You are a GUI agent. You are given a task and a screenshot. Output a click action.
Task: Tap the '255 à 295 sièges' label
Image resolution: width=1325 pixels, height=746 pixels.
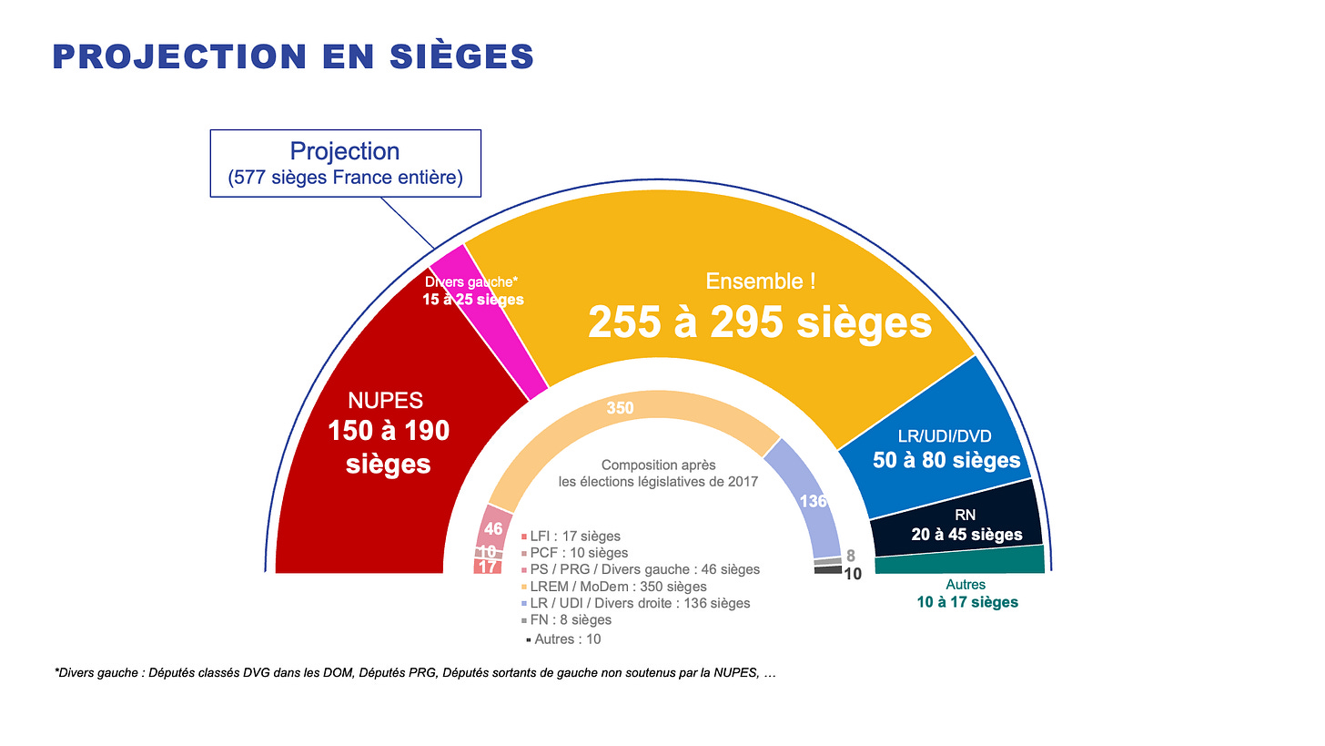pyautogui.click(x=760, y=322)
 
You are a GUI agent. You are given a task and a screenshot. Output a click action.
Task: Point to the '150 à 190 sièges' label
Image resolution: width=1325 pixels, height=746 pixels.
pyautogui.click(x=389, y=446)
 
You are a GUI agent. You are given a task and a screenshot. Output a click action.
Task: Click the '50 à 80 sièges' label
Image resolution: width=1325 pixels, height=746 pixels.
pyautogui.click(x=946, y=460)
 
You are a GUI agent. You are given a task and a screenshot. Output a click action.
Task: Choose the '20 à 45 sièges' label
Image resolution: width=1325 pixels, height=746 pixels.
pyautogui.click(x=966, y=535)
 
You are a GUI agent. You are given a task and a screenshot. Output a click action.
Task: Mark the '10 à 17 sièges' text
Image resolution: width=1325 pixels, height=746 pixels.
pyautogui.click(x=966, y=602)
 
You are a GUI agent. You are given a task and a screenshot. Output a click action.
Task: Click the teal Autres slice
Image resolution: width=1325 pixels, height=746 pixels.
pyautogui.click(x=959, y=560)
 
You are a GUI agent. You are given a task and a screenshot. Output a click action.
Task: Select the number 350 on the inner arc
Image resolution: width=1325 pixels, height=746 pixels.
pyautogui.click(x=620, y=408)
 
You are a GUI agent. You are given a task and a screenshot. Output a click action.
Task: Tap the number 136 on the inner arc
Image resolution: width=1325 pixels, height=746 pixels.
pyautogui.click(x=813, y=501)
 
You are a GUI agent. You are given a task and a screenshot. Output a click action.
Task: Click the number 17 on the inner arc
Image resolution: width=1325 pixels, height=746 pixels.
pyautogui.click(x=488, y=567)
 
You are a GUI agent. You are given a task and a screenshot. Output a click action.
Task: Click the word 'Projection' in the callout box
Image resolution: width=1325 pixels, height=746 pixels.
pyautogui.click(x=345, y=150)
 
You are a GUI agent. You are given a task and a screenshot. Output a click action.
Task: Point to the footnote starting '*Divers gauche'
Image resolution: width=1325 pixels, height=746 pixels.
pyautogui.click(x=415, y=673)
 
